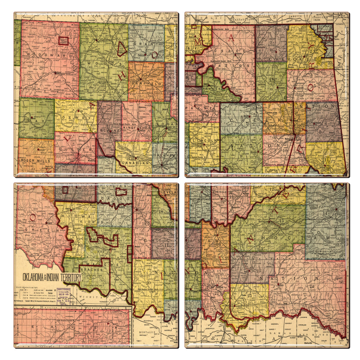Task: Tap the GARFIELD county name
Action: (146, 83)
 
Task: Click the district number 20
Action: (148, 283)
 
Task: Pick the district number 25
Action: (250, 296)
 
